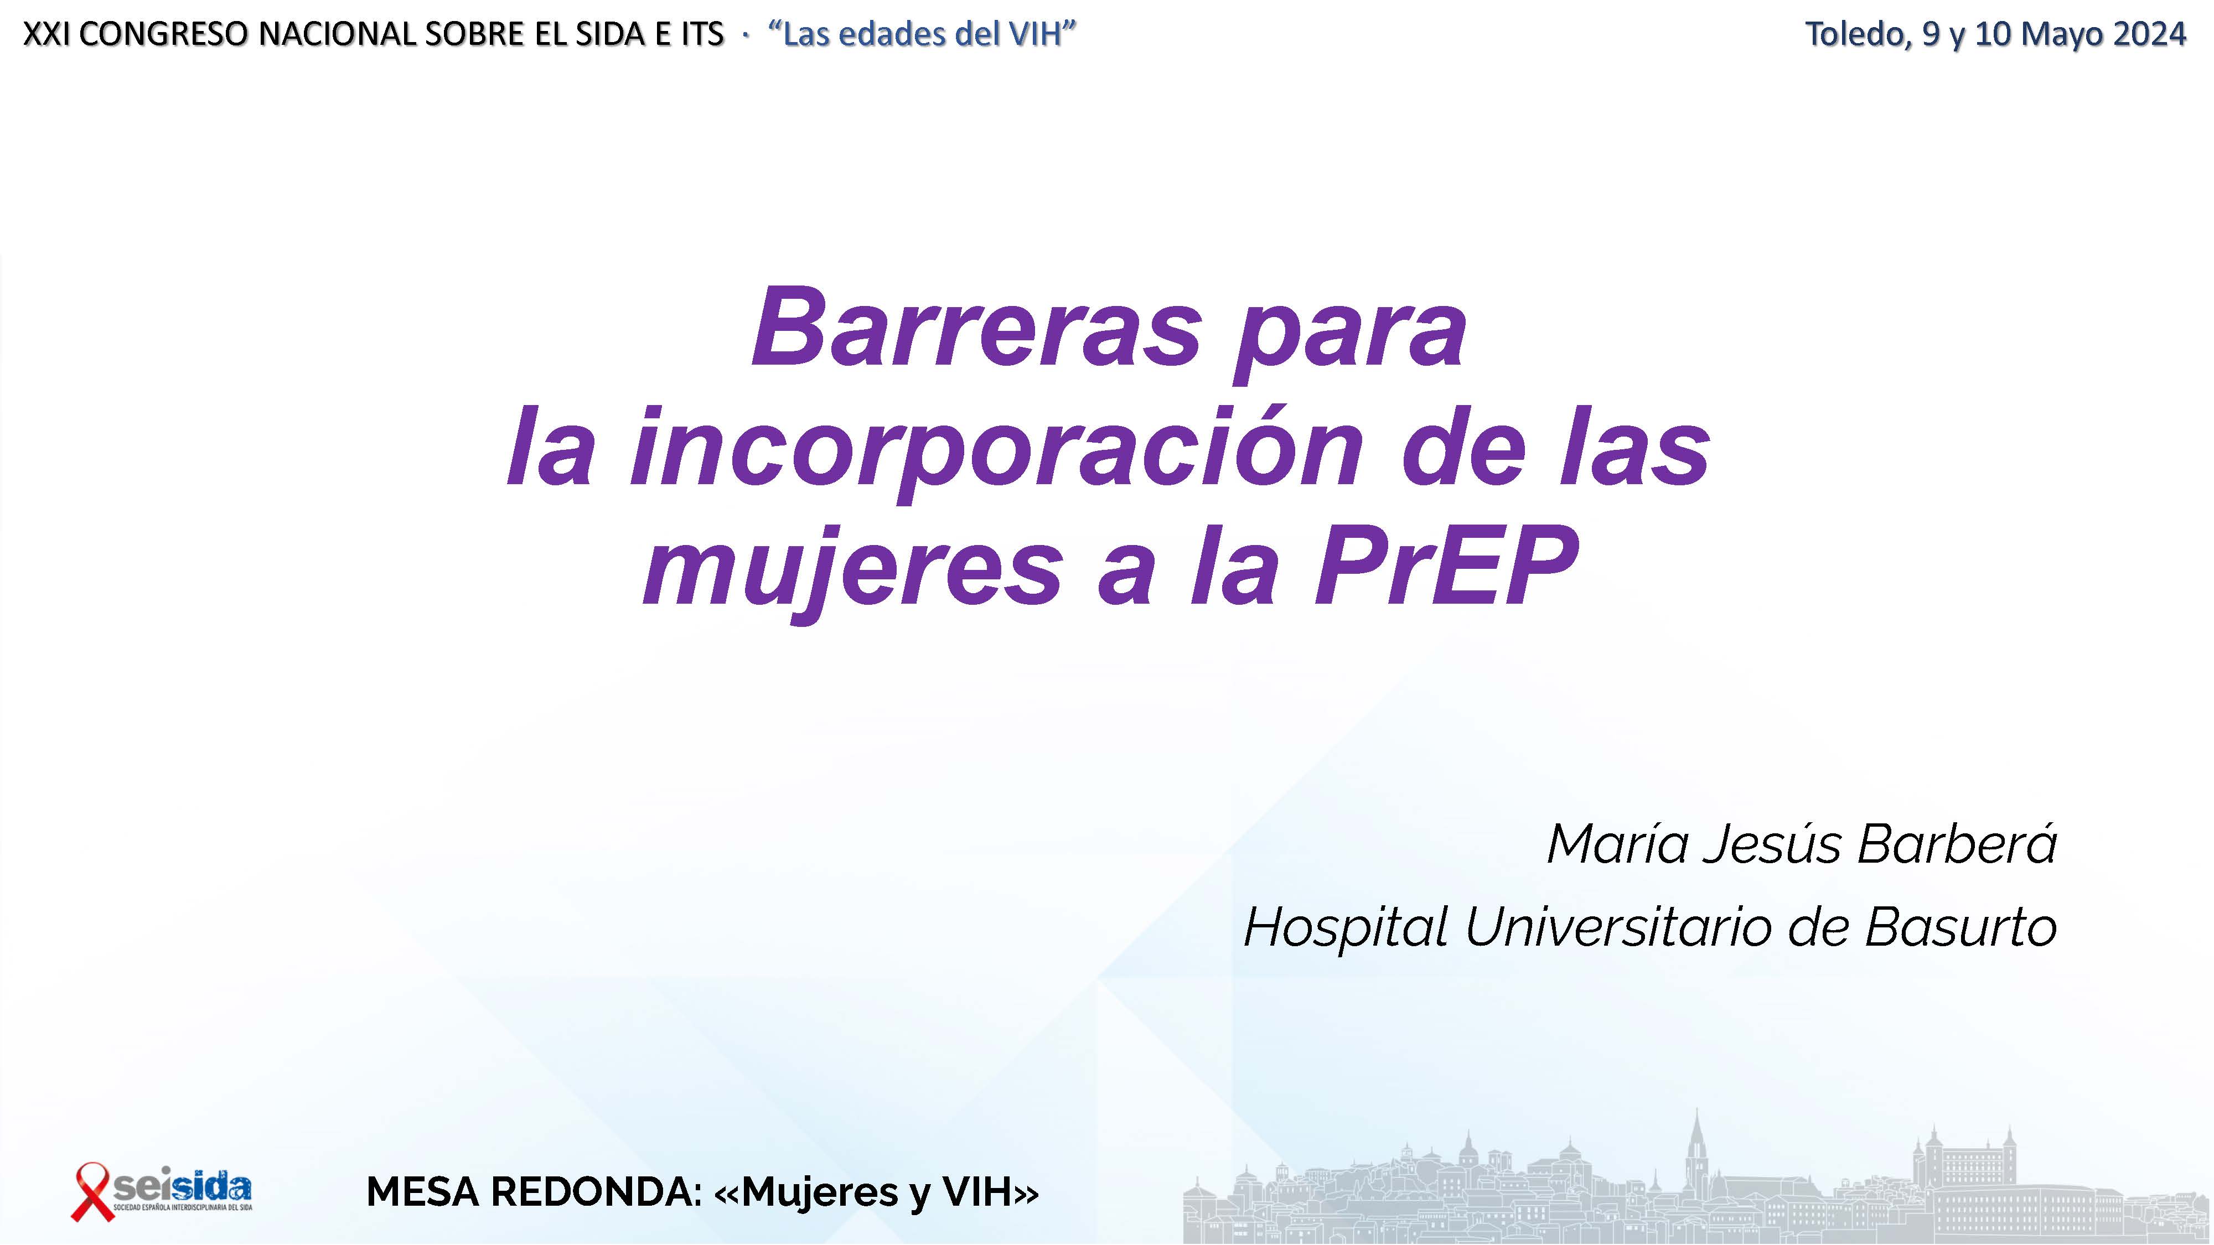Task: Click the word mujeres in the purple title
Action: coord(853,572)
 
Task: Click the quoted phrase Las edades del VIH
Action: coord(922,34)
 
